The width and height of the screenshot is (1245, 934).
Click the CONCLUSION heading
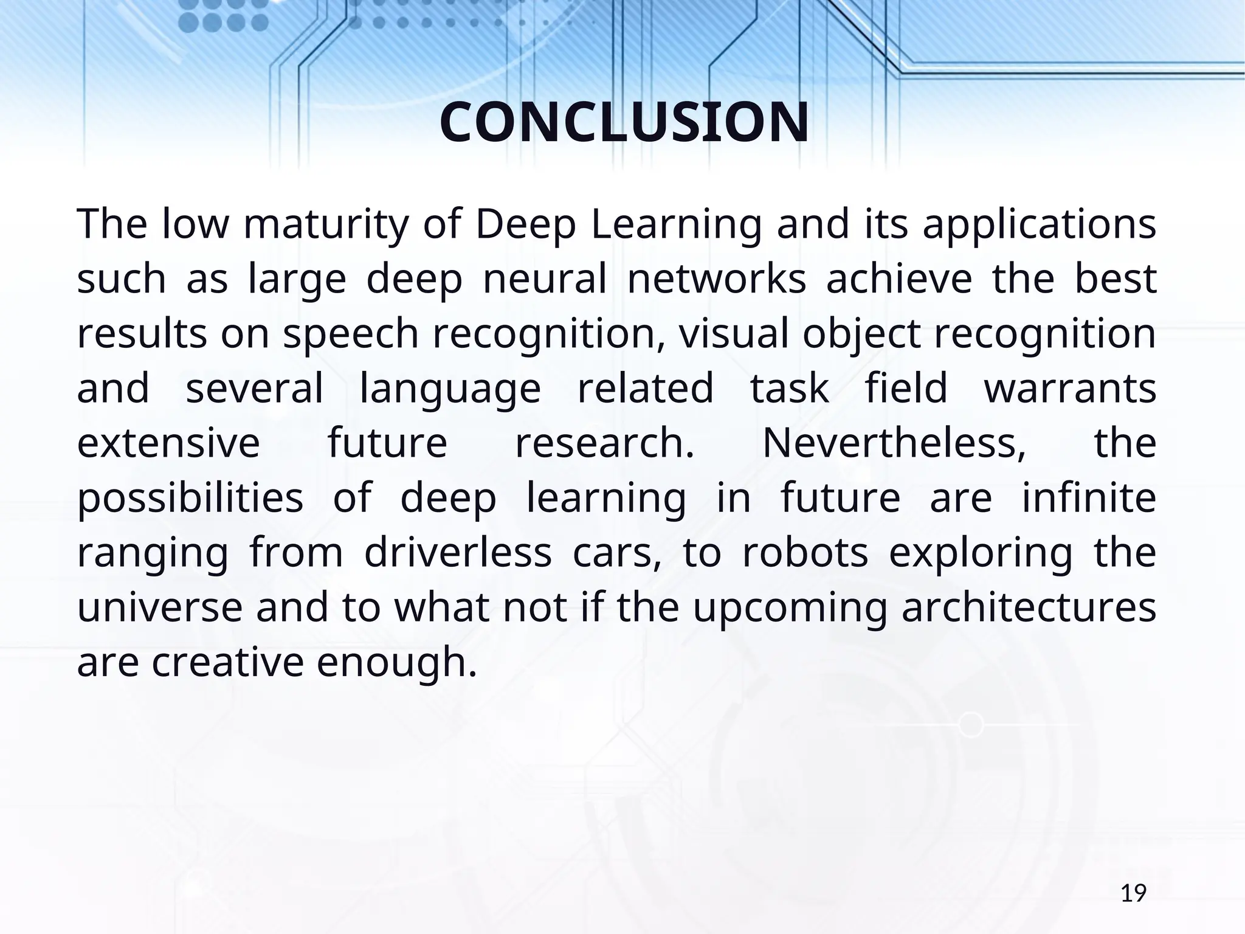tap(624, 123)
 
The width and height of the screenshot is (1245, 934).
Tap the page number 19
tap(1133, 894)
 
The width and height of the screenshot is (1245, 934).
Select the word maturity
tap(325, 225)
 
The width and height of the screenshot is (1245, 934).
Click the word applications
tap(1039, 225)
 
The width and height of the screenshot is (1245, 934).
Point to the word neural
tap(545, 280)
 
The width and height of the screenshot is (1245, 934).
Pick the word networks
tap(717, 280)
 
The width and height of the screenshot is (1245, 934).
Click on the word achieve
tap(899, 280)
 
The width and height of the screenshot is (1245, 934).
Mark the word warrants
tap(1070, 389)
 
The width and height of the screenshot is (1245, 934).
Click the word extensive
tap(168, 444)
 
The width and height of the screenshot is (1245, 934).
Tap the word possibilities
tap(190, 499)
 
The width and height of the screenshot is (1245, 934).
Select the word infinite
tap(1089, 499)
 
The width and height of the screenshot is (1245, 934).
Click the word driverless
tap(458, 553)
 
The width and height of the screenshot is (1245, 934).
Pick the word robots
tap(805, 553)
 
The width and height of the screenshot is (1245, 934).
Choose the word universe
tap(159, 608)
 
